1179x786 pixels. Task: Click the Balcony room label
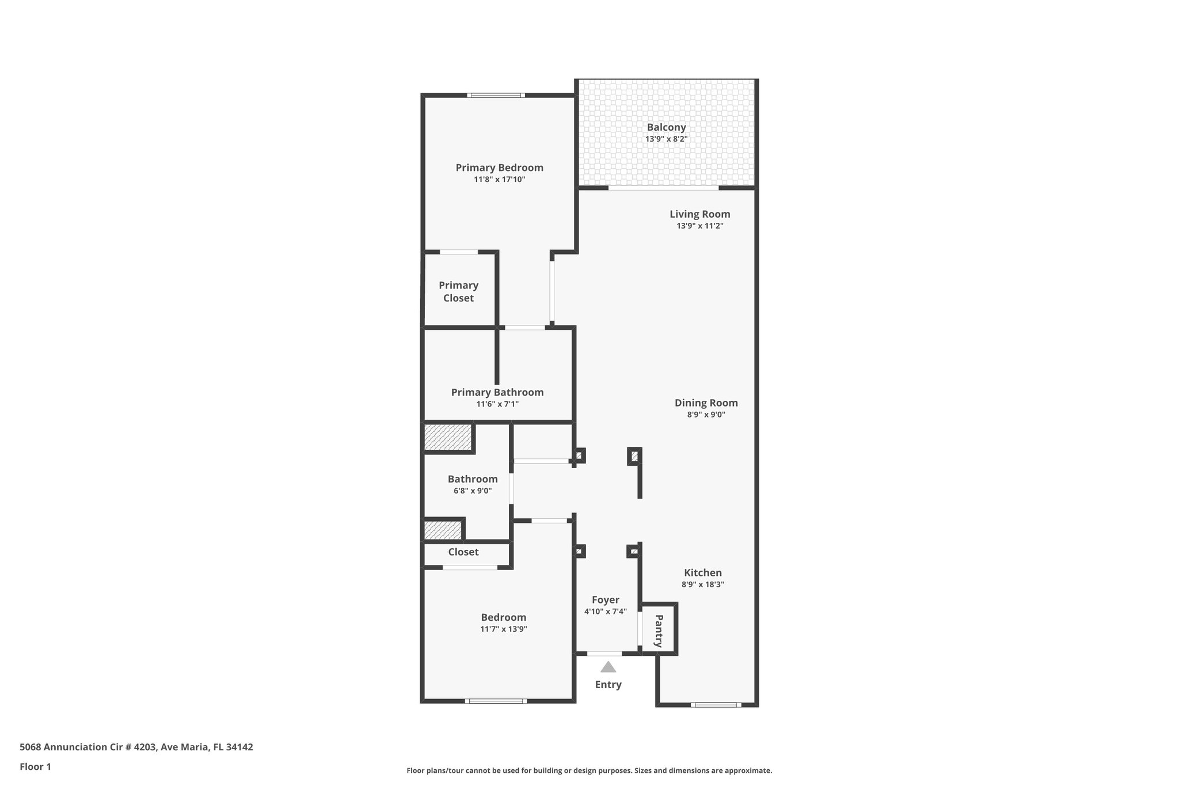point(666,127)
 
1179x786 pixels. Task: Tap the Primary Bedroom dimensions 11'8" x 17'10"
point(499,180)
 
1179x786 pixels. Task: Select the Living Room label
point(699,214)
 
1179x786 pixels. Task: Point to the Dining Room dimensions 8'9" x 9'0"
point(706,415)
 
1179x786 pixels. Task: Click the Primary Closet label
point(458,291)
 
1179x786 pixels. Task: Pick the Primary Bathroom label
point(497,392)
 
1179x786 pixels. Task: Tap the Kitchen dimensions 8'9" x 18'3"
point(702,584)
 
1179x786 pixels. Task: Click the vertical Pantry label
point(659,631)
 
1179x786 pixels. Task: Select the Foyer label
point(605,600)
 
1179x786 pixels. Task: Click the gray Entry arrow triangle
point(608,667)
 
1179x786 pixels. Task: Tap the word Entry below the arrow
point(608,685)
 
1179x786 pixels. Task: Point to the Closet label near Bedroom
point(463,552)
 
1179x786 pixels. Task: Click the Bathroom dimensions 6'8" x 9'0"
point(472,491)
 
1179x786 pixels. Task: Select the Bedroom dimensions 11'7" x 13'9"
point(503,629)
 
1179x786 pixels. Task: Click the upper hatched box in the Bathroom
point(447,437)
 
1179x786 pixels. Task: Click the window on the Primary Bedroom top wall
point(495,95)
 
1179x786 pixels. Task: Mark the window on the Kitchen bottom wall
point(716,704)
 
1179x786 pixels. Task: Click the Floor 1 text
point(35,766)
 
